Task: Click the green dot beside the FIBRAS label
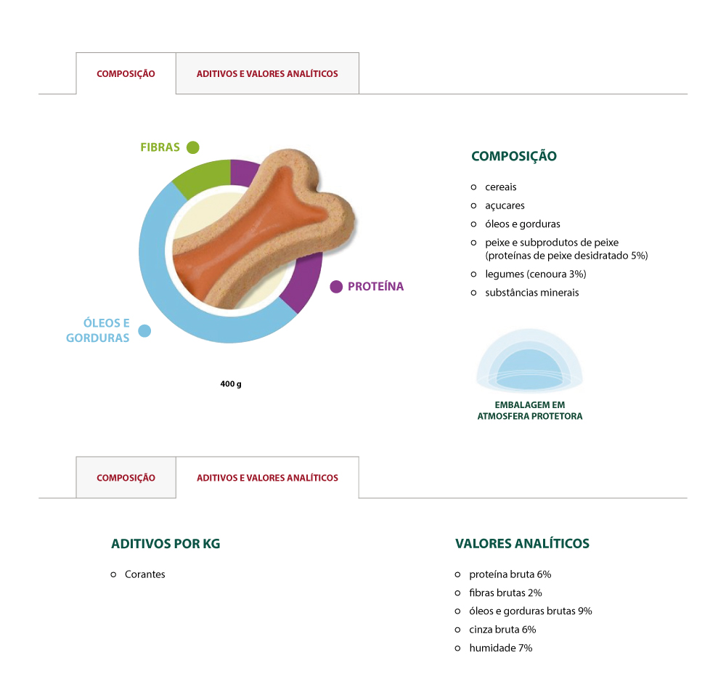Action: point(192,147)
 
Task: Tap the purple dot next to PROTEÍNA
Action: point(336,287)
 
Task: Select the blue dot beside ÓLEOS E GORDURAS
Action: point(144,331)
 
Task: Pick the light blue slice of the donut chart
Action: point(156,276)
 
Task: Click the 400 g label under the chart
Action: point(231,383)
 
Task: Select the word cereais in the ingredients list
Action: point(501,187)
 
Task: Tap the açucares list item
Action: point(505,205)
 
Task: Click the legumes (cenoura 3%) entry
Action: point(535,274)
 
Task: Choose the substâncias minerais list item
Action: point(531,293)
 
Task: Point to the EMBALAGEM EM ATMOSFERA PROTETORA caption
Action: point(529,410)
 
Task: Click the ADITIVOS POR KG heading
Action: point(166,544)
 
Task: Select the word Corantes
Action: point(145,574)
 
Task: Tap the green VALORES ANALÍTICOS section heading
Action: point(522,544)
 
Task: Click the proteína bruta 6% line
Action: point(510,574)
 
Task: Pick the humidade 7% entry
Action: point(500,648)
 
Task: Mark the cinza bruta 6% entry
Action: point(502,630)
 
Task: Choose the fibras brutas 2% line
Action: point(505,593)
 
